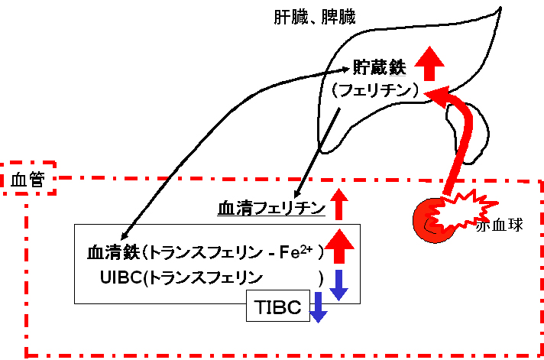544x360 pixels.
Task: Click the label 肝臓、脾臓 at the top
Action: (315, 17)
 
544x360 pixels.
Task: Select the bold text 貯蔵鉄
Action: (379, 67)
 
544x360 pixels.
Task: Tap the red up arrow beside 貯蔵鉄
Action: (429, 63)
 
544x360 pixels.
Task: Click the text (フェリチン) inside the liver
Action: (374, 90)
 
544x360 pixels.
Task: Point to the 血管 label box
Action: (28, 178)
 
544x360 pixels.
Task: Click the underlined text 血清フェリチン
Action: (272, 209)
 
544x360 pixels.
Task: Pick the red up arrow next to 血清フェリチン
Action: (339, 205)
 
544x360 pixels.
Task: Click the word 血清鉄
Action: (113, 252)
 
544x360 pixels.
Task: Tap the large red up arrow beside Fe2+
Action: (340, 246)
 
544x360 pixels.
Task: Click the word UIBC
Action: (121, 277)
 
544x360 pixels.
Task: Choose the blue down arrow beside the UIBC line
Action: (338, 285)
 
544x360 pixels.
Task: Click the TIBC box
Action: (278, 306)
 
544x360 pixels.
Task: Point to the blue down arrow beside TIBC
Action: (318, 307)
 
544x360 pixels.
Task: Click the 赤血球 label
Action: (500, 225)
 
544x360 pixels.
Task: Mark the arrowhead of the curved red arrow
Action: (436, 94)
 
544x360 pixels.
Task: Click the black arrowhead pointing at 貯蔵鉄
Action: (345, 70)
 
